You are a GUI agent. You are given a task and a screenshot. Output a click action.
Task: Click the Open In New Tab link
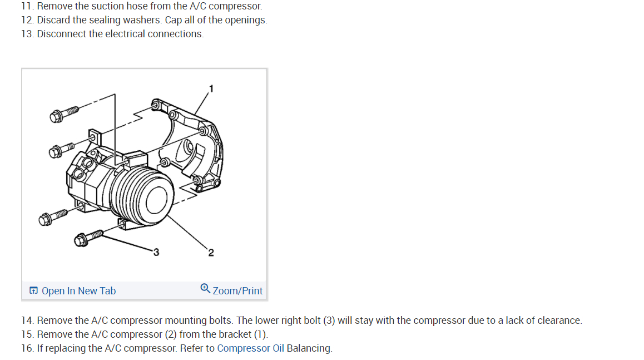[x=78, y=291]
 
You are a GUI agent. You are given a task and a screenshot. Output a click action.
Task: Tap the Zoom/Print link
[x=237, y=291]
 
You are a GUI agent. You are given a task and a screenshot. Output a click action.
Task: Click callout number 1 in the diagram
[x=211, y=88]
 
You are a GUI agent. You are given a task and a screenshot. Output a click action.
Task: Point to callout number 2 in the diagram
[x=211, y=253]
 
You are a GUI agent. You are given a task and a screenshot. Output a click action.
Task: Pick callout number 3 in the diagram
[x=156, y=253]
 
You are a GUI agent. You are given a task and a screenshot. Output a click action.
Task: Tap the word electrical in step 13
[x=126, y=34]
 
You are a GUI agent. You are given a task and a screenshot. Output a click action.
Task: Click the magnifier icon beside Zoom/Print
[x=205, y=289]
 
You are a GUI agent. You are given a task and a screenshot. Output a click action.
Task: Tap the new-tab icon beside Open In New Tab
[x=34, y=291]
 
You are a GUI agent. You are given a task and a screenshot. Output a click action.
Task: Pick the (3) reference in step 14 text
[x=329, y=320]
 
